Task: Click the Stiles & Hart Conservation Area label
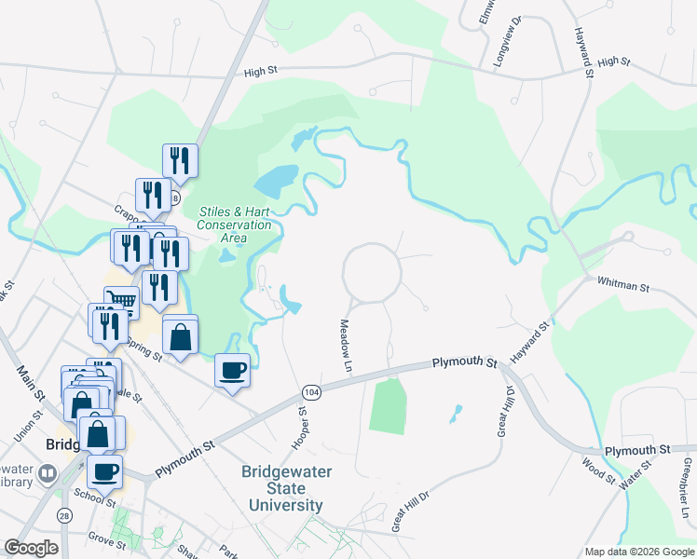235,225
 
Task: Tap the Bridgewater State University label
286,488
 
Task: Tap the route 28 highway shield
64,515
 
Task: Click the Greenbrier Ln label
687,488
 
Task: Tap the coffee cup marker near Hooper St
232,370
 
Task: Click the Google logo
31,549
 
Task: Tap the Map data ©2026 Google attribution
638,552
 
